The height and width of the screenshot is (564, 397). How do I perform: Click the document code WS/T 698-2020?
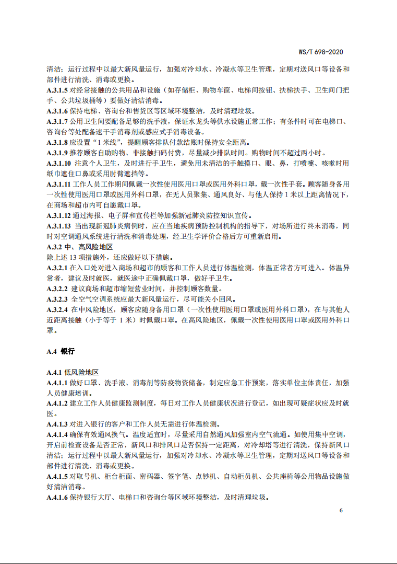[x=320, y=52]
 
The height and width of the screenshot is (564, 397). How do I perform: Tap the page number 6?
[x=341, y=510]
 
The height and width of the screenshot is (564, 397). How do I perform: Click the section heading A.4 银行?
[x=61, y=351]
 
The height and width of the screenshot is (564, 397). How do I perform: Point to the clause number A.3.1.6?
[x=57, y=111]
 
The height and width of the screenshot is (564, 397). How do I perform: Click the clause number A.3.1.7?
[x=57, y=121]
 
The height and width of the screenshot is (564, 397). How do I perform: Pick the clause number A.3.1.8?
[x=57, y=142]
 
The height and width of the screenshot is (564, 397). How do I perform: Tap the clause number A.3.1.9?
[x=57, y=153]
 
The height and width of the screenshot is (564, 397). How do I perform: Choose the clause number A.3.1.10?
[x=59, y=163]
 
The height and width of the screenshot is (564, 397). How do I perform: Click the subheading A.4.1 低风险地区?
[x=73, y=372]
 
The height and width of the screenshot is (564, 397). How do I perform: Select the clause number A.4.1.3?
[x=57, y=424]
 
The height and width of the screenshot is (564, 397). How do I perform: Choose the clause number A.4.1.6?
[x=57, y=497]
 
